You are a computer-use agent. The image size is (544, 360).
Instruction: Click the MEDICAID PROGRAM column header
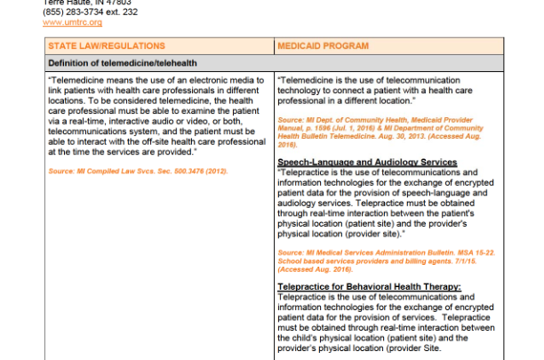coord(324,45)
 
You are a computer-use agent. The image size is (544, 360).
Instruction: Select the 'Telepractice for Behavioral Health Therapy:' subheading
coord(370,286)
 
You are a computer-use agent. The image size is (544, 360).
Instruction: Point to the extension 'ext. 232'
coord(124,12)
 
